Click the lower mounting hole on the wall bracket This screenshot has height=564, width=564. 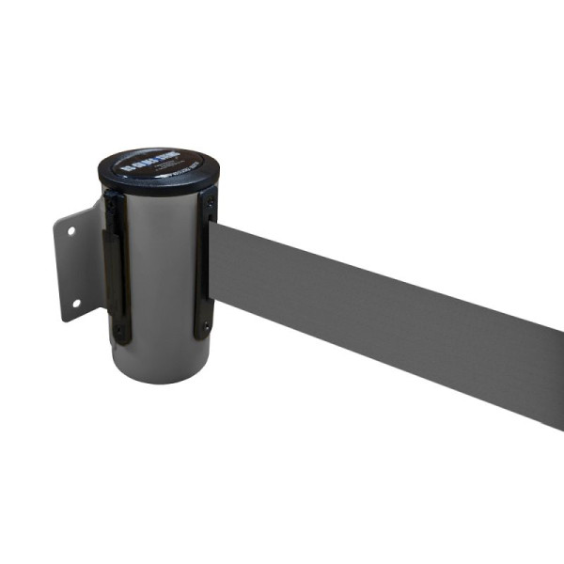pyautogui.click(x=75, y=303)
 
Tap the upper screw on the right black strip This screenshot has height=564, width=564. pyautogui.click(x=211, y=202)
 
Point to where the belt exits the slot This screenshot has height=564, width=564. pyautogui.click(x=215, y=268)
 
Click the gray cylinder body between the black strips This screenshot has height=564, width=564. pyautogui.click(x=158, y=282)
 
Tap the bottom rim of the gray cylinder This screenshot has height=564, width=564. pyautogui.click(x=155, y=378)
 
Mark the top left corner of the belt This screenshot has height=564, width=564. pyautogui.click(x=217, y=224)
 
